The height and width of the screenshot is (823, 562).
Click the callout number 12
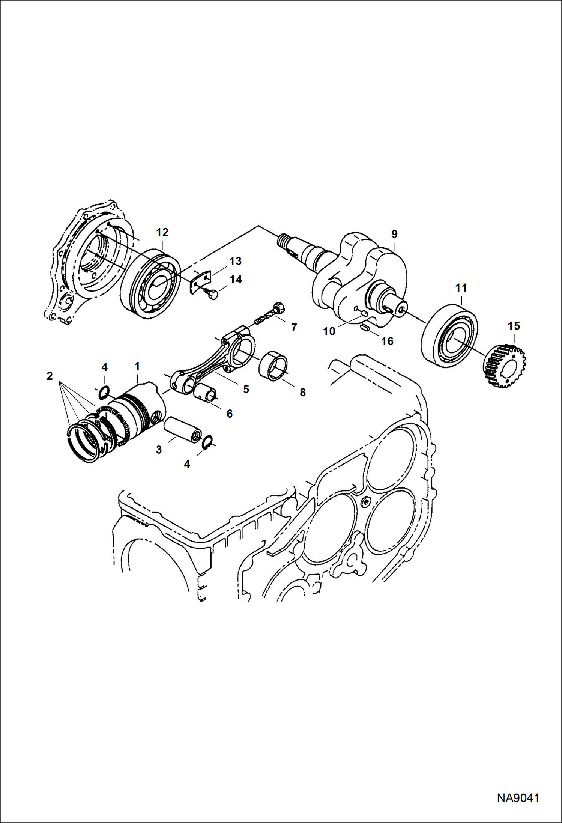tap(162, 232)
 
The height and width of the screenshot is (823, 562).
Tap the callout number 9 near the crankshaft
tap(394, 234)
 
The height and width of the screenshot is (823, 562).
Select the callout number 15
tap(514, 326)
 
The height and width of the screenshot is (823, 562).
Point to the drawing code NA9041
tap(518, 798)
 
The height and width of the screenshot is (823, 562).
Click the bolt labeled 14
tap(213, 295)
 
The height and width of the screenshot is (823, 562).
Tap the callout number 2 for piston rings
tap(50, 376)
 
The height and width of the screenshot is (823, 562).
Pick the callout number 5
tap(246, 389)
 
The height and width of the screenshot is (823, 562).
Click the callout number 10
tap(329, 331)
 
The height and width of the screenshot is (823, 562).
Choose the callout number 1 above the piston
tap(137, 366)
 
